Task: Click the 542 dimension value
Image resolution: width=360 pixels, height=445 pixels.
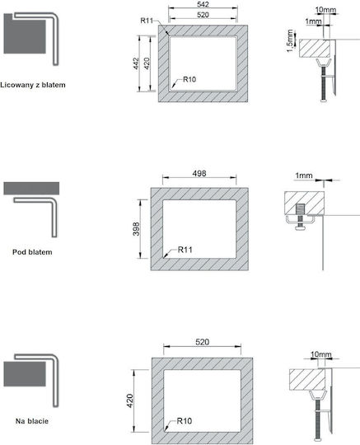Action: coord(203,4)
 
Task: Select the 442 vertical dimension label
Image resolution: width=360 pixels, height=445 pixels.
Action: coord(136,63)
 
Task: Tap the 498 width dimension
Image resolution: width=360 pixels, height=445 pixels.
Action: coord(199,173)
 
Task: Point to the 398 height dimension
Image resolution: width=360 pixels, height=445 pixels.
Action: coord(137,229)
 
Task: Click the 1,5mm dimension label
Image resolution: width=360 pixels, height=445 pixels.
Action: coord(290,41)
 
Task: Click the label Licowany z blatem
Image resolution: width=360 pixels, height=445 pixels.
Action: coord(33,85)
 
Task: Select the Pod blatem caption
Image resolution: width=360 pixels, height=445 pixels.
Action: coord(32,252)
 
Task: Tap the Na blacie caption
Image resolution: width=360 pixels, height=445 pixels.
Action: coord(32,421)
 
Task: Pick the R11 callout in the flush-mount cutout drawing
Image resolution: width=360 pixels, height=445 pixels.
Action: coord(147,21)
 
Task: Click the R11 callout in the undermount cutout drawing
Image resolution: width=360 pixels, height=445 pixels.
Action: coord(185,250)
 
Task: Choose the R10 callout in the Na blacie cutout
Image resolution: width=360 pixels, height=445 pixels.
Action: coord(185,421)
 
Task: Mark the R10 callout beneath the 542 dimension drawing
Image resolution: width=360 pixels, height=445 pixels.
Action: coord(189,79)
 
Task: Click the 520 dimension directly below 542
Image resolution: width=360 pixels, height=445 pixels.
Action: coord(203,15)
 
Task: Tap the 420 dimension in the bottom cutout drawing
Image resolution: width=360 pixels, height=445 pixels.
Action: coord(130,400)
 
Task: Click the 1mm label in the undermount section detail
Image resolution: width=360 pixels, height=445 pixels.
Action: coord(304,176)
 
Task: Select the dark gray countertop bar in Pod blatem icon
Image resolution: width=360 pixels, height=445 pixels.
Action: coord(31,189)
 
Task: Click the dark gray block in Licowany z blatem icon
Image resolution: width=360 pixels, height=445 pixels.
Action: coord(25,34)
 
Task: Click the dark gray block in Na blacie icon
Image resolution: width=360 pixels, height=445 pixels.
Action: coord(25,373)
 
